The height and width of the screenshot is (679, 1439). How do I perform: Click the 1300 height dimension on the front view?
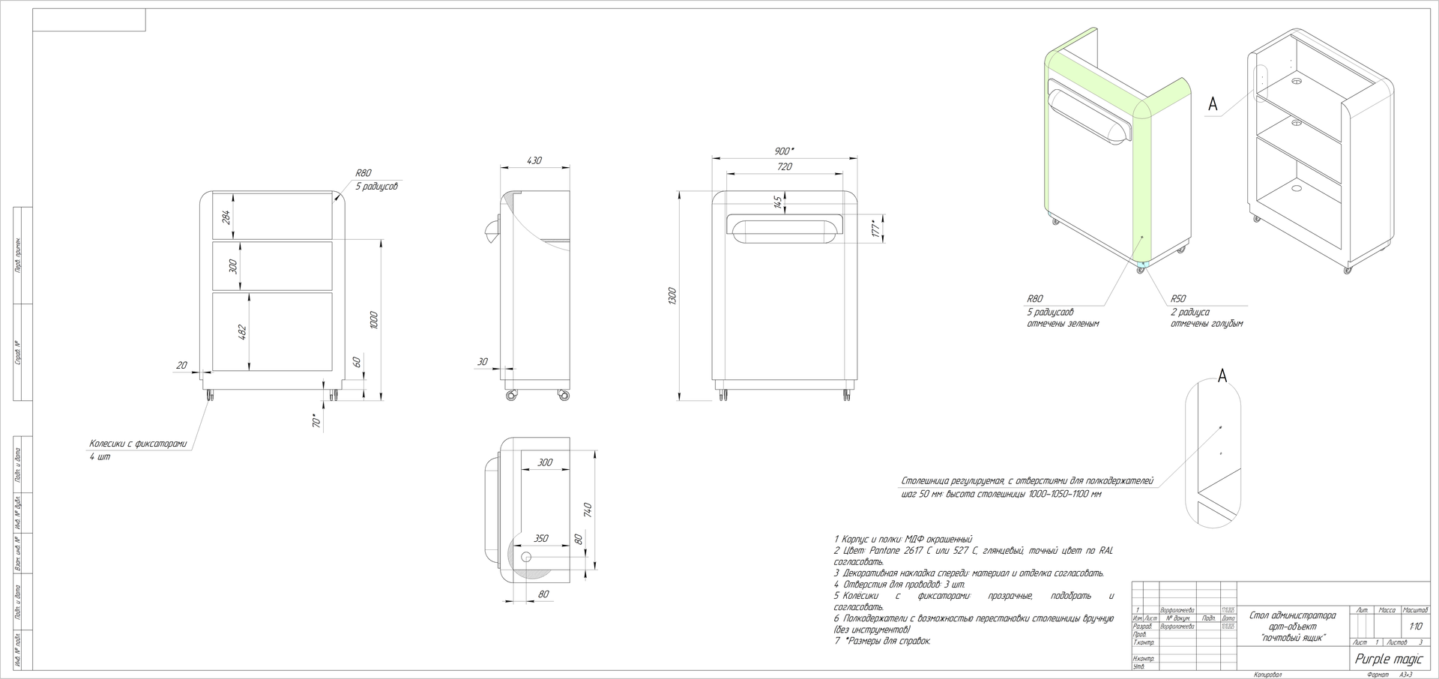tap(672, 295)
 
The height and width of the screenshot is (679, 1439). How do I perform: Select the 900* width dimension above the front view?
tap(785, 151)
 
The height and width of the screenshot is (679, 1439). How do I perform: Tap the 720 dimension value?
tap(785, 167)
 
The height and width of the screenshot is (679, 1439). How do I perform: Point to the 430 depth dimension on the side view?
tap(534, 160)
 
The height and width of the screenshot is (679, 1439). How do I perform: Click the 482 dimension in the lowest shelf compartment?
tap(242, 332)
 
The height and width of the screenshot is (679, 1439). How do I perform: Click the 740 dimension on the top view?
tap(589, 510)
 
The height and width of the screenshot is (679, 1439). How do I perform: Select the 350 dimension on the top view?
tap(540, 538)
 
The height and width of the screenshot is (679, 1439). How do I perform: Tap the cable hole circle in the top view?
tap(525, 558)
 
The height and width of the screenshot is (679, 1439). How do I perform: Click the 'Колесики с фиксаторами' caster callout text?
tap(138, 444)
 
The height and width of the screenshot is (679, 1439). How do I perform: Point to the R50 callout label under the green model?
tap(1178, 298)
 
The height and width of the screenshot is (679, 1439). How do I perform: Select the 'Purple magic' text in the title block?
tap(1389, 660)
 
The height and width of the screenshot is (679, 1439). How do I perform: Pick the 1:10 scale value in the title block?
tap(1415, 627)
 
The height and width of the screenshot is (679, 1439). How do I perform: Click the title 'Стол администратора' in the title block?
tap(1293, 616)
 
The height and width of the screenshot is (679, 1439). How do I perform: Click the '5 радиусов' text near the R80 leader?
tap(376, 186)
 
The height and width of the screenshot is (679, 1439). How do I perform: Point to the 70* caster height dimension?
tap(316, 421)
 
